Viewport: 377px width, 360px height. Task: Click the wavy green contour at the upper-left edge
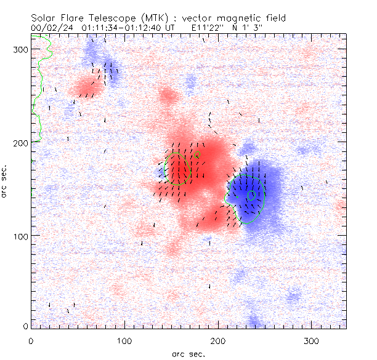[39, 86]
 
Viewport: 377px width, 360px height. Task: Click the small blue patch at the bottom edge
[254, 321]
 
